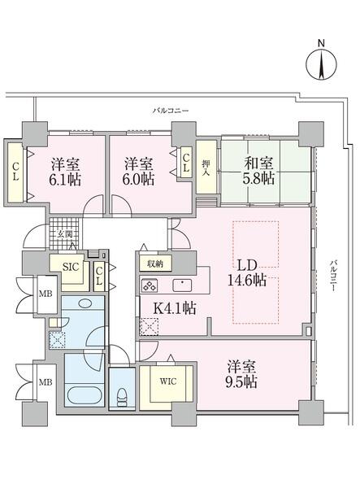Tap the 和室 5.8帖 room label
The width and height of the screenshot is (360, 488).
click(259, 171)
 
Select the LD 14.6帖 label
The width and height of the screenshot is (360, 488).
click(247, 273)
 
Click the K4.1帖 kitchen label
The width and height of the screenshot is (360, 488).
click(175, 308)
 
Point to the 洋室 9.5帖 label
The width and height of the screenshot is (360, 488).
click(241, 374)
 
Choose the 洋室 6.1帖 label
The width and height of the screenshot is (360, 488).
click(66, 172)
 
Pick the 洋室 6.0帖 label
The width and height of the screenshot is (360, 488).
click(139, 172)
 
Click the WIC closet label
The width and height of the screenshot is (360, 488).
click(168, 381)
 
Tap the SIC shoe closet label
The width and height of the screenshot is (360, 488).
click(72, 267)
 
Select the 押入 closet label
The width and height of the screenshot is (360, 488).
click(206, 168)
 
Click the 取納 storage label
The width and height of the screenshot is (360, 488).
click(155, 264)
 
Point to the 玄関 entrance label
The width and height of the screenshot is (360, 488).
click(66, 234)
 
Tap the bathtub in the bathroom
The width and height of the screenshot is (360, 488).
click(85, 395)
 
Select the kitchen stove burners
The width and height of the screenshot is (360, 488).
click(150, 285)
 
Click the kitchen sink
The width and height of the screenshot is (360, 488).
click(183, 285)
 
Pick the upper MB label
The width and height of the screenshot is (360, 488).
click(46, 294)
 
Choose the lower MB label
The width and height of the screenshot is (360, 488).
click(46, 382)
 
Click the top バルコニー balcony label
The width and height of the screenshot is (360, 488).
click(171, 111)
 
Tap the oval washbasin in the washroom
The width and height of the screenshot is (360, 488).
click(85, 303)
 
